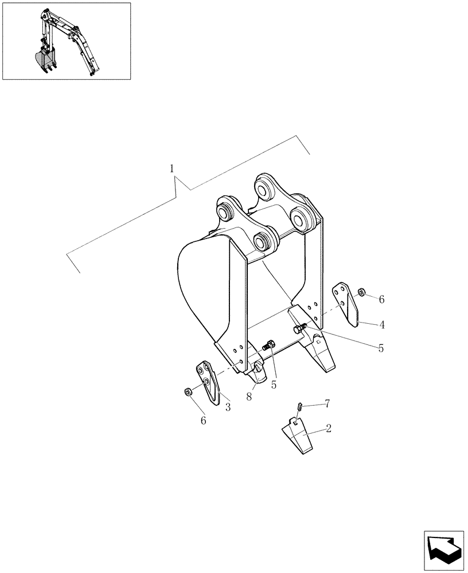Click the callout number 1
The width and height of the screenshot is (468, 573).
point(173,168)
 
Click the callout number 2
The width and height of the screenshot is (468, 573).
point(329,428)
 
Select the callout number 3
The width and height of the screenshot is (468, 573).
point(228,407)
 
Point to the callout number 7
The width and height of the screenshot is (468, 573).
point(327,405)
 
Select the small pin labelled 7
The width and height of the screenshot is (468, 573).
point(299,407)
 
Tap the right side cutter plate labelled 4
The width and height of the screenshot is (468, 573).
point(348,303)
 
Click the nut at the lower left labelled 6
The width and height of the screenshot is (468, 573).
point(188,392)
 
